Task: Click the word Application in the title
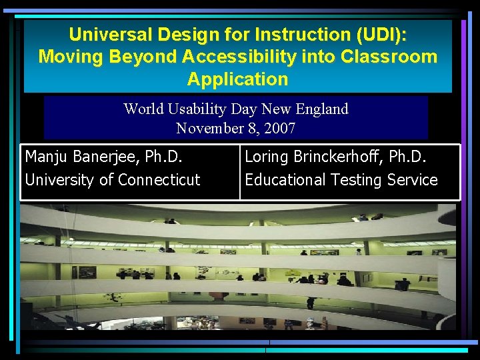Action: click(x=237, y=79)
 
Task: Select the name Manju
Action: click(x=46, y=157)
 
